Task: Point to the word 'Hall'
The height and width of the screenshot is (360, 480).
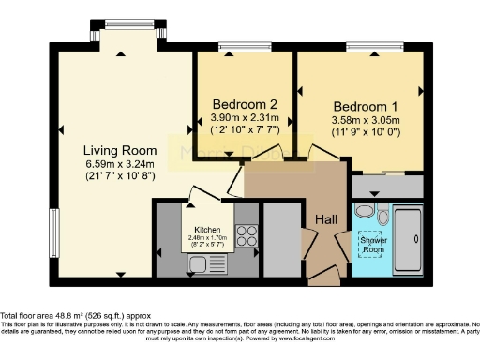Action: pos(326,218)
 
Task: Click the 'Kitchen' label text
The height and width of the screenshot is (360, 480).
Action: pos(207,230)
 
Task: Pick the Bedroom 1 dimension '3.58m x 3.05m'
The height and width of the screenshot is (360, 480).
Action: pos(364,120)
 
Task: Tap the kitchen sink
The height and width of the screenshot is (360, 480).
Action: pos(200,263)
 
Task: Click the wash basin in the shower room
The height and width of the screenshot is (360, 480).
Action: pos(383,217)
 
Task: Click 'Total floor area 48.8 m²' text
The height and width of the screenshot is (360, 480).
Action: pos(62,316)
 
